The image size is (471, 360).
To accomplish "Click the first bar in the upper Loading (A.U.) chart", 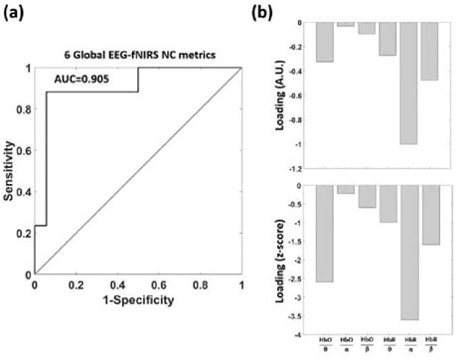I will [324, 43].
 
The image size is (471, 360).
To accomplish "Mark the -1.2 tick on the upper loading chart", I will [298, 169].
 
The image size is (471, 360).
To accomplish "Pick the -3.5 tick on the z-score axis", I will [298, 316].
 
